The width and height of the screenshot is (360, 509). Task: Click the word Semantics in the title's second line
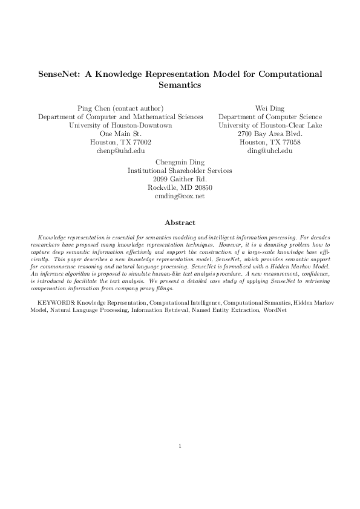click(180, 86)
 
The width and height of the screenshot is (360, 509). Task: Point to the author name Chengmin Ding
click(180, 162)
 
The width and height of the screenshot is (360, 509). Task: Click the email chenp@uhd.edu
click(120, 151)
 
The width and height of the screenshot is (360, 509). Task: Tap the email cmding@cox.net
click(180, 196)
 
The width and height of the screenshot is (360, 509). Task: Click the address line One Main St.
click(120, 134)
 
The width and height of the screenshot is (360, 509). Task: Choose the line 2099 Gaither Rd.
click(180, 179)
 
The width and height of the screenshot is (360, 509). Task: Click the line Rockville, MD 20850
click(180, 187)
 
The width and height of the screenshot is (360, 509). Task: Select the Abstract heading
click(180, 222)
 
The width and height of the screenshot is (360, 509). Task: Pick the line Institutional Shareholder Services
click(180, 170)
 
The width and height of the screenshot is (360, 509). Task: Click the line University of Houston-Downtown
click(120, 125)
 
